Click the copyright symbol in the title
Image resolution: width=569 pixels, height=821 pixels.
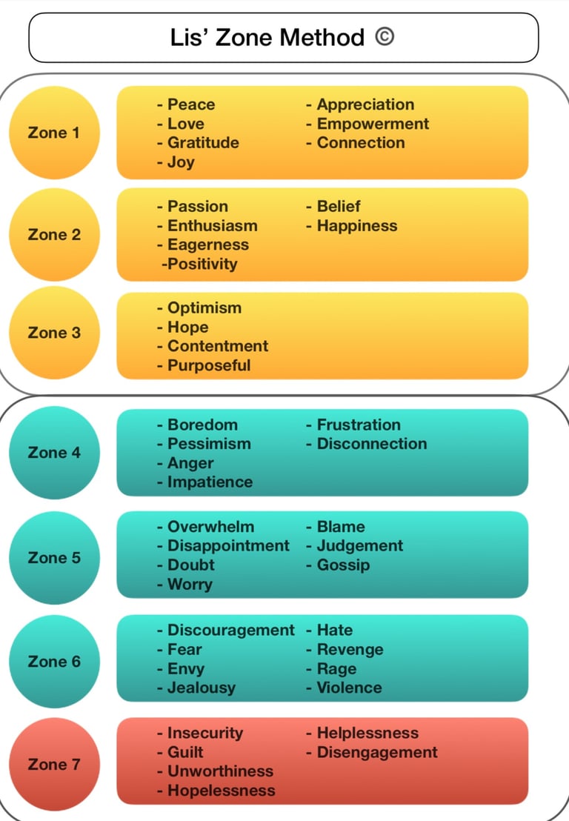pos(384,37)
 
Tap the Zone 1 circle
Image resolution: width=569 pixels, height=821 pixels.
pos(54,133)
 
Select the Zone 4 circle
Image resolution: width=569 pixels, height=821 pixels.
pos(54,453)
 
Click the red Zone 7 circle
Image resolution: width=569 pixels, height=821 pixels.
pos(54,764)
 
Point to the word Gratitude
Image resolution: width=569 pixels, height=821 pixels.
pos(203,143)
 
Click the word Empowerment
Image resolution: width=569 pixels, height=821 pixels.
pos(373,124)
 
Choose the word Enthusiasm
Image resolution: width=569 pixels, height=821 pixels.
pos(212,226)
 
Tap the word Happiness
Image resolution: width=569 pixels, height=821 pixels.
pos(357,226)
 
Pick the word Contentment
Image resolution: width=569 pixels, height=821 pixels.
pos(218,346)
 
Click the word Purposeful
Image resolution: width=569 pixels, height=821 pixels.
pos(209,365)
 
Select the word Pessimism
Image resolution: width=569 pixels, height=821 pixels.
pos(209,444)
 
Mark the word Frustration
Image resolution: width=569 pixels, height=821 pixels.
pos(359,425)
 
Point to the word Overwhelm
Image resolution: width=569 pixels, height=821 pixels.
pos(210,527)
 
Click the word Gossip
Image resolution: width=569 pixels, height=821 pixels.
pos(343,565)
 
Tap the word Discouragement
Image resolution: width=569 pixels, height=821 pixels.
pos(231,631)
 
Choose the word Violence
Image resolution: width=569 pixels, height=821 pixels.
pos(349,688)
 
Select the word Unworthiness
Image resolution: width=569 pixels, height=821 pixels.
pos(220,771)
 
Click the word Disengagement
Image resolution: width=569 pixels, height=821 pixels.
pos(377,752)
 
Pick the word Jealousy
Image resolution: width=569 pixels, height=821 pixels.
pos(201,688)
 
